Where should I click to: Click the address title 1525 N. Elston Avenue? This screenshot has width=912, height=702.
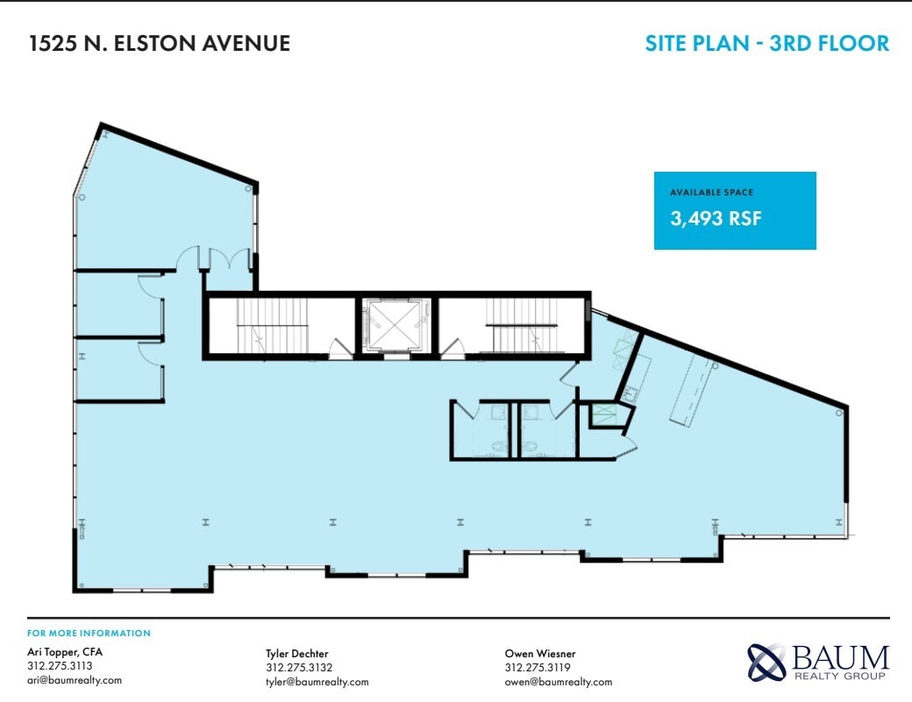[x=159, y=43]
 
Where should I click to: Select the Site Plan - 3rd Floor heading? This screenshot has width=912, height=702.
[x=766, y=43]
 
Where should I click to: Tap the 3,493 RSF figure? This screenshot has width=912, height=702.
[x=716, y=218]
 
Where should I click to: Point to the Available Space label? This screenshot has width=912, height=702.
[x=711, y=192]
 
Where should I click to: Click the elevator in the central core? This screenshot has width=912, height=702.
[x=396, y=326]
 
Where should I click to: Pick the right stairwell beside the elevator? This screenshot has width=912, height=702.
[x=512, y=327]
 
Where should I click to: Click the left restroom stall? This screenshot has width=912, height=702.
[x=481, y=430]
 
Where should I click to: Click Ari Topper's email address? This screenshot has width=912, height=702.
[x=75, y=680]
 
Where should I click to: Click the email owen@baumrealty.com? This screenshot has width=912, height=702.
[x=558, y=682]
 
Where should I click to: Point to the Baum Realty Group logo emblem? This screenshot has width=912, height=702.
[x=766, y=663]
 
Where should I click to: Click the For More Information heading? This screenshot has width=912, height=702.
[x=89, y=633]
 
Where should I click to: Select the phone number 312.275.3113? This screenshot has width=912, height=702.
[x=60, y=666]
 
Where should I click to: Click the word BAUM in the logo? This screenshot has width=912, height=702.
[x=840, y=657]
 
